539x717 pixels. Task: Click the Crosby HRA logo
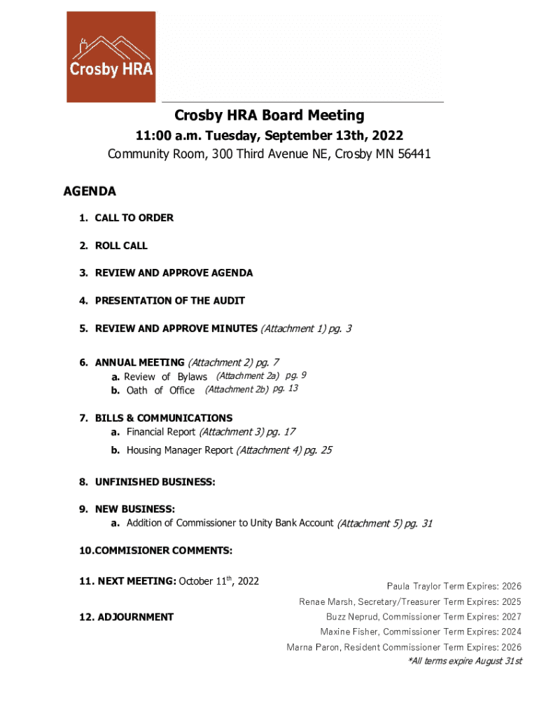click(111, 57)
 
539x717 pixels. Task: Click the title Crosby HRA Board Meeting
click(269, 115)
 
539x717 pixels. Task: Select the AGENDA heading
click(90, 191)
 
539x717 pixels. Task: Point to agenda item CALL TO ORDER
click(134, 218)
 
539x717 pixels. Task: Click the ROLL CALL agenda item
click(121, 246)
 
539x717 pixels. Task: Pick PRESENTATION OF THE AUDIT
click(169, 300)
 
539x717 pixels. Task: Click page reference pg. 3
click(337, 328)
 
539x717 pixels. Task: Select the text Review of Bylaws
click(165, 377)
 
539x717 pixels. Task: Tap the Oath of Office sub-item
click(160, 390)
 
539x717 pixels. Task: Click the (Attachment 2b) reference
click(237, 389)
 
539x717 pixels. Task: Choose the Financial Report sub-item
click(161, 432)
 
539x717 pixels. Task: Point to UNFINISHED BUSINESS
click(155, 482)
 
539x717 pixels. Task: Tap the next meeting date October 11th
click(208, 580)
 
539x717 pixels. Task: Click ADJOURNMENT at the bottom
click(135, 617)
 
